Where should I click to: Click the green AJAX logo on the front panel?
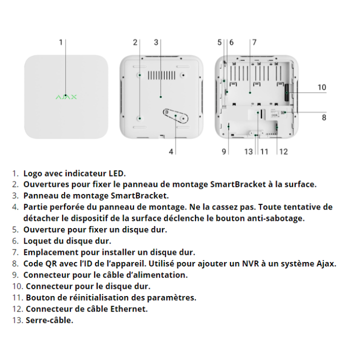66,97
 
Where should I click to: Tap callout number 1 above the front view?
61,42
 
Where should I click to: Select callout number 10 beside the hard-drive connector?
321,87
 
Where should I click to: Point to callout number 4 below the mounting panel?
171,151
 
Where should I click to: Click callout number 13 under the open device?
248,151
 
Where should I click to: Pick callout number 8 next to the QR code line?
324,117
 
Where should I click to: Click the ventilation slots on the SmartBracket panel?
161,75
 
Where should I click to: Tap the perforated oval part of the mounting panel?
175,115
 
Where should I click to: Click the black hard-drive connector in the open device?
287,92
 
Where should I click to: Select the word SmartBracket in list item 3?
139,195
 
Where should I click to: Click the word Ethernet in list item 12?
129,309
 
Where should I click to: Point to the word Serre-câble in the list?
49,320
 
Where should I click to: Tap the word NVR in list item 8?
250,263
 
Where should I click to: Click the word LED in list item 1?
117,173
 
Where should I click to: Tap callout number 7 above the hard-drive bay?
254,42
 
